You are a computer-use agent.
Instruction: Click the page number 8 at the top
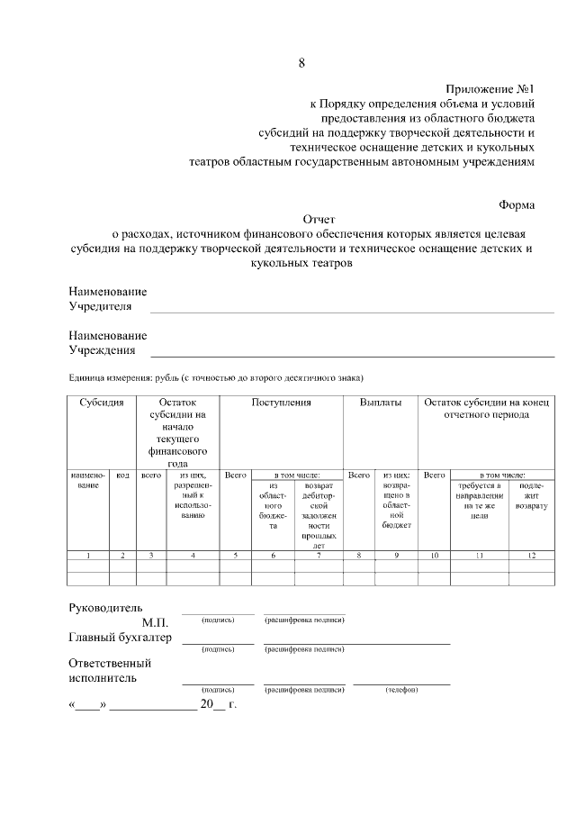[301, 63]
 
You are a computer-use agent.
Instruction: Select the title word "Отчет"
[319, 219]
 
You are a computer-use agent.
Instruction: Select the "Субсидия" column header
[102, 403]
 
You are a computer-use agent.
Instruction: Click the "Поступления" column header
[281, 403]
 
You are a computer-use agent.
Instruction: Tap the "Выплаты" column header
[381, 403]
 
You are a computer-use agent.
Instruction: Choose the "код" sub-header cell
[123, 474]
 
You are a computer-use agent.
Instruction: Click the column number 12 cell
[531, 556]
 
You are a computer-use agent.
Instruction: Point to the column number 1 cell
[88, 556]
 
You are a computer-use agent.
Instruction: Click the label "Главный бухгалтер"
[120, 638]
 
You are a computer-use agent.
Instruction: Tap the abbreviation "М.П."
[155, 622]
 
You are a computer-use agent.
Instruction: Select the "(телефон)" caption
[401, 690]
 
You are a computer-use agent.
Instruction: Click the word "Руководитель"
[105, 607]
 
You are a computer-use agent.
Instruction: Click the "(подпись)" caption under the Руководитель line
[218, 620]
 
